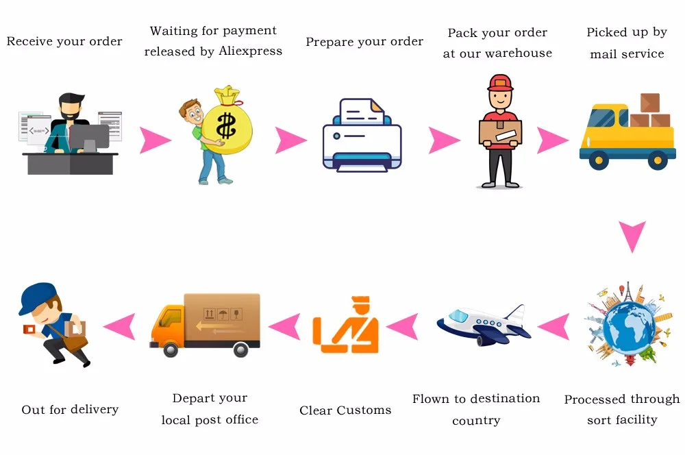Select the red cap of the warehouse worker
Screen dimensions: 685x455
tap(500, 83)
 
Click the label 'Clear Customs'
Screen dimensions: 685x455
tap(345, 410)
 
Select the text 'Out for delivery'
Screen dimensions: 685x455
tap(70, 410)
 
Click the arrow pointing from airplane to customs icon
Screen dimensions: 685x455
tap(403, 325)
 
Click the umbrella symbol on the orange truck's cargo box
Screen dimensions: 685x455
tap(223, 315)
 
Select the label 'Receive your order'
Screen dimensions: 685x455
tap(64, 42)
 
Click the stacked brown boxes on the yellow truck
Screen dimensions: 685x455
tap(648, 112)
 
